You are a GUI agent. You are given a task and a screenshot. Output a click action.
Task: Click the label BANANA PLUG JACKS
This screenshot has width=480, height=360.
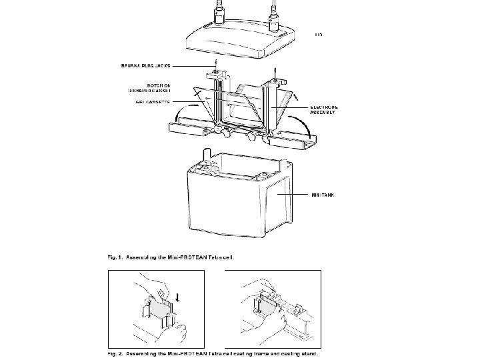click(145, 66)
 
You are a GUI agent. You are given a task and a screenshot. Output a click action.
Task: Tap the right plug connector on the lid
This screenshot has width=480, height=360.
click(273, 13)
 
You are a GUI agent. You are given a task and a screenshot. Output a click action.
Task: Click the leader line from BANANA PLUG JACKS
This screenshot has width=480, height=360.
click(193, 66)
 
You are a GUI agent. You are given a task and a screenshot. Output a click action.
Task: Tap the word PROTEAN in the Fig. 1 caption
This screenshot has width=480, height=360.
click(193, 256)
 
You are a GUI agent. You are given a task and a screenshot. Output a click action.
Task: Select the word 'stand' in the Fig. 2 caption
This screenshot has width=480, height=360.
click(307, 354)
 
